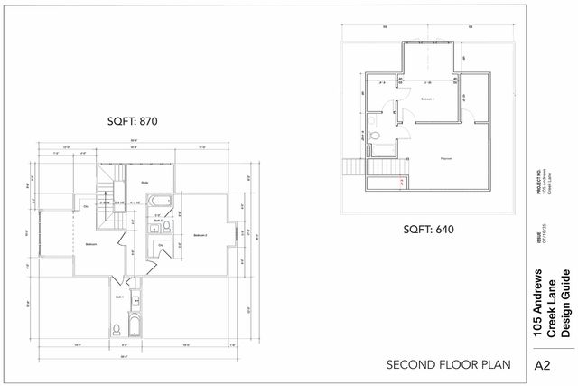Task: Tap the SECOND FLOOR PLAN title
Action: pos(448,365)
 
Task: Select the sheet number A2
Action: pos(544,365)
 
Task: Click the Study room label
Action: pos(144,183)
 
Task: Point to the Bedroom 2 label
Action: pos(200,235)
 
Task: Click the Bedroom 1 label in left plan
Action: pos(91,244)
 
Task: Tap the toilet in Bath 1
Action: pos(116,328)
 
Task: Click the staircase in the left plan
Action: pos(108,185)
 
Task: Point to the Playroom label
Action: pos(445,158)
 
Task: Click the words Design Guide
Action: pos(565,304)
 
